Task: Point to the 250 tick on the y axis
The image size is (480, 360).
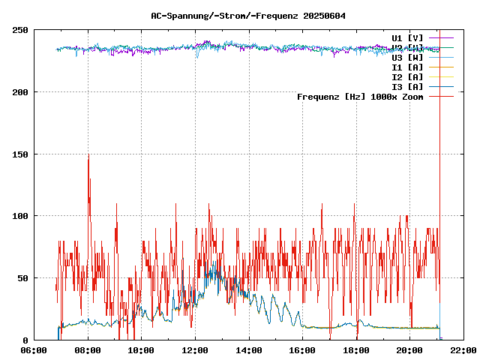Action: [20, 30]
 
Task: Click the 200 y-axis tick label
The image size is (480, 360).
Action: [20, 92]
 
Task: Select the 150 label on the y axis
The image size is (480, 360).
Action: [20, 154]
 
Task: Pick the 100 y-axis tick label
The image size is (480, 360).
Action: [20, 216]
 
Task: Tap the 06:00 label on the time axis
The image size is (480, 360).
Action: [34, 350]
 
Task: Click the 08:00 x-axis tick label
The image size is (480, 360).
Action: [88, 350]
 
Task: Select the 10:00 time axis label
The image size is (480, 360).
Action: [142, 350]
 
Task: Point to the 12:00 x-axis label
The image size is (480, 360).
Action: [195, 350]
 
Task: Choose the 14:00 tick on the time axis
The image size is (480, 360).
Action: [249, 350]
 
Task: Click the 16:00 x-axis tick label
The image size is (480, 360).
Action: [302, 350]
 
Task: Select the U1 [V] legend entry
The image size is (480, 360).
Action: [407, 37]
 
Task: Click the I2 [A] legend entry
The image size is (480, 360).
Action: [407, 76]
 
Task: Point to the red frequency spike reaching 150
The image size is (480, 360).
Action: [88, 157]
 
